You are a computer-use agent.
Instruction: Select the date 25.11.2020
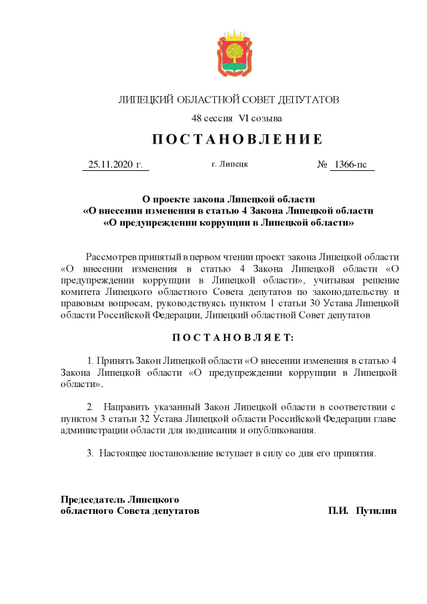(x=111, y=164)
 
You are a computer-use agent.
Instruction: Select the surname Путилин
(x=377, y=511)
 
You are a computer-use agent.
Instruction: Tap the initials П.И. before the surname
(x=339, y=511)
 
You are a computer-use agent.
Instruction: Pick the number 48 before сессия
(x=196, y=118)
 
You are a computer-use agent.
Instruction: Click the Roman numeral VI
(x=244, y=118)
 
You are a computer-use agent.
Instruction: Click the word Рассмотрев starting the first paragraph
(x=111, y=257)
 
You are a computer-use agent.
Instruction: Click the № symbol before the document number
(x=322, y=164)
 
